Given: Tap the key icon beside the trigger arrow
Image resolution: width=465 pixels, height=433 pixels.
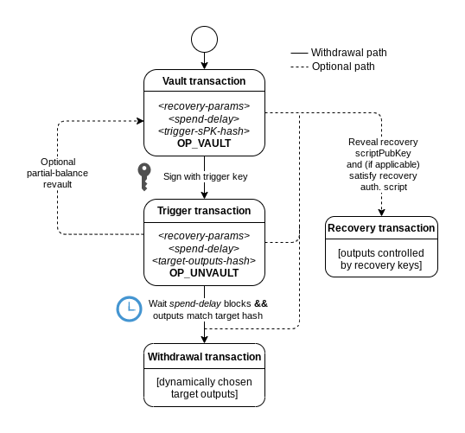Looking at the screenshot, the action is tap(144, 177).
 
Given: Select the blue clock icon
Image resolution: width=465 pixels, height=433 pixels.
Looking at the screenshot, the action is tap(129, 309).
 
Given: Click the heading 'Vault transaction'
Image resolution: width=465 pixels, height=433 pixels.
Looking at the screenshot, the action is tap(204, 81).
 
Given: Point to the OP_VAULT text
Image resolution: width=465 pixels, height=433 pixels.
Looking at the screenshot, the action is tap(204, 143).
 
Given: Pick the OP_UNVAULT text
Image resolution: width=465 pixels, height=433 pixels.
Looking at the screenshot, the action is tap(204, 273).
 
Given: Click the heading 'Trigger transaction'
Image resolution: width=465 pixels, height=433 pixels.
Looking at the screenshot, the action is tap(204, 211).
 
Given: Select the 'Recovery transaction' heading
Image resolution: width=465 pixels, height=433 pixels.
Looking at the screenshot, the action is tap(381, 228).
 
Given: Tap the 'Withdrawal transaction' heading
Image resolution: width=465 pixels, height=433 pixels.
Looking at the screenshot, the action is tap(204, 356).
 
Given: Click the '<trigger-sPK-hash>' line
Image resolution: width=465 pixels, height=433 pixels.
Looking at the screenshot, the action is tap(204, 131).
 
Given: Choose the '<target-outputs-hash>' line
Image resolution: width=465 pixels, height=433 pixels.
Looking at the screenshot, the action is tap(204, 261).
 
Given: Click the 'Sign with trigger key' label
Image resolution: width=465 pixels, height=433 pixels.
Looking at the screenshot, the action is tap(205, 176).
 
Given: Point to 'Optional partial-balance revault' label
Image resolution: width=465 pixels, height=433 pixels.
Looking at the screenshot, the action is tap(58, 173).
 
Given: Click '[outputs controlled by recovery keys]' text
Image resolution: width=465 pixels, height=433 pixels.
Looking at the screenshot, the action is tap(381, 259).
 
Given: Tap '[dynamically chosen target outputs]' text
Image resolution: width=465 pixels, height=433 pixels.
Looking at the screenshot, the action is tap(204, 387).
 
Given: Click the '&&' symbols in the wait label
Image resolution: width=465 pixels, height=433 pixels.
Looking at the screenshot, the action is tap(261, 303).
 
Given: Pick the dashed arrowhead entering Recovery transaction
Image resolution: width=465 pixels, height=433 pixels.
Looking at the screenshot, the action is tap(381, 213).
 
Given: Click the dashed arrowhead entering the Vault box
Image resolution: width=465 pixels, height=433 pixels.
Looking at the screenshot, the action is tap(140, 121).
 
